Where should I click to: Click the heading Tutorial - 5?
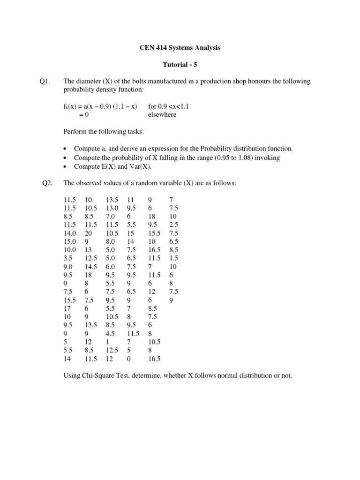point(180,65)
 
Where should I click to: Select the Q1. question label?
point(45,82)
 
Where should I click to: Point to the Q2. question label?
point(47,183)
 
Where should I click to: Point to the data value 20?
point(89,233)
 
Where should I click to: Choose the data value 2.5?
point(174,225)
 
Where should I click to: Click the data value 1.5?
point(174,258)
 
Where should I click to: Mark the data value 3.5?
point(68,258)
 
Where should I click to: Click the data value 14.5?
point(91,267)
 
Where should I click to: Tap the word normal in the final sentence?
point(219,376)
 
